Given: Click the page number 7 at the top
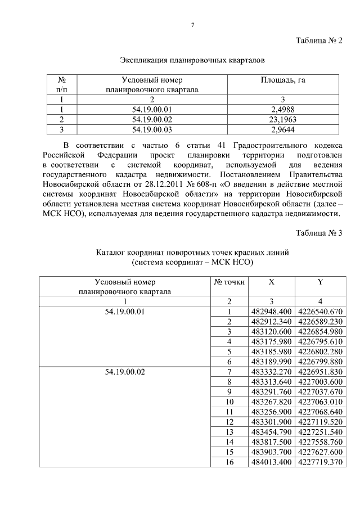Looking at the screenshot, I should pos(192,25).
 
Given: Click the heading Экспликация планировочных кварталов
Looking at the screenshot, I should pos(192,59).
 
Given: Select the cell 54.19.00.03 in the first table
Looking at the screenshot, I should pos(152,129).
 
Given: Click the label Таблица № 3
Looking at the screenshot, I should pos(319,233).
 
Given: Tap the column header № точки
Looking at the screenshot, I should pos(229,282).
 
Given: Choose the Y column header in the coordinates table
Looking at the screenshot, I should pos(320,282).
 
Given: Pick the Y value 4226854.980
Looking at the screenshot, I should pos(320,331).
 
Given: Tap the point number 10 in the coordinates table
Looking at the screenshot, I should pos(229,402).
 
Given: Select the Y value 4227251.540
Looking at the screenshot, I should pos(320,431).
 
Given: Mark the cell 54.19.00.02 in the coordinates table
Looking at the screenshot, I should pos(125,372).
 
